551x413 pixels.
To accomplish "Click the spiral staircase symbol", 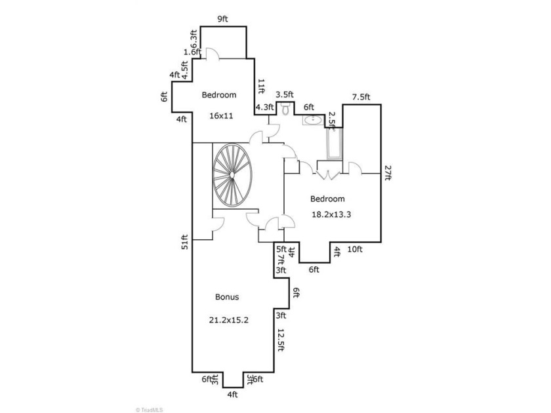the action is [x=232, y=175].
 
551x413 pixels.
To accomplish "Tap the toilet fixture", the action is [x=285, y=108].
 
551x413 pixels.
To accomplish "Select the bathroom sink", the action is [x=313, y=120].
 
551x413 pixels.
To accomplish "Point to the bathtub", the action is [x=334, y=144].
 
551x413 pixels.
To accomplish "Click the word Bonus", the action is [x=227, y=297].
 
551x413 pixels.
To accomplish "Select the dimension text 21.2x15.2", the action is [x=229, y=320].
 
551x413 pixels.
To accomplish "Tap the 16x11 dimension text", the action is [x=222, y=115].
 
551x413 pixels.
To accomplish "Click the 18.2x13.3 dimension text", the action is [x=331, y=214].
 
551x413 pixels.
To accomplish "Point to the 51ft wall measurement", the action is [x=185, y=242].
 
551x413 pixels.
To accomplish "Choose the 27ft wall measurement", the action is [x=388, y=173].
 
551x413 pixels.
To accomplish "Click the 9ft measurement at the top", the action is [x=223, y=19].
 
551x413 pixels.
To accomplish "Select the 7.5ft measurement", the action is [x=361, y=97].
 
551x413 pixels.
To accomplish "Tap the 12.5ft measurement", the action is [x=281, y=340].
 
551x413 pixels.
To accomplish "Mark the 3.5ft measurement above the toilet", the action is [x=285, y=94].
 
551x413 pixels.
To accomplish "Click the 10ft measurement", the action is [x=355, y=249].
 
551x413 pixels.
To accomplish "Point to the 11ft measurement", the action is [x=261, y=87].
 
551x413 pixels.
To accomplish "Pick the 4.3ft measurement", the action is [x=264, y=107].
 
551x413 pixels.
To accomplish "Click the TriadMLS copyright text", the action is [x=150, y=410].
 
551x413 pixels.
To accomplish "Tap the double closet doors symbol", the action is [x=328, y=175].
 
